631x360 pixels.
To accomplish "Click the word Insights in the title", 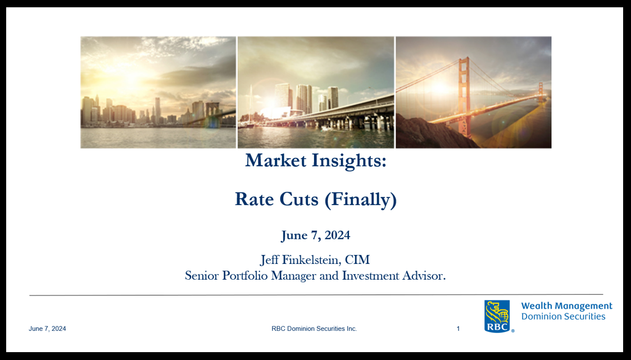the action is pyautogui.click(x=349, y=161).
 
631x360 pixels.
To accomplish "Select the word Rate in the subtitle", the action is pyautogui.click(x=252, y=199).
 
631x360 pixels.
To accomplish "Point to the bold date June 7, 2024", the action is pyautogui.click(x=316, y=235).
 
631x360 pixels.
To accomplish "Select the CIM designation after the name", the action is pyautogui.click(x=357, y=260).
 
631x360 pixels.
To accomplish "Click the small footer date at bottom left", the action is pyautogui.click(x=47, y=329).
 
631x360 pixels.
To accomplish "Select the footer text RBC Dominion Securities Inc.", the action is pyautogui.click(x=314, y=329).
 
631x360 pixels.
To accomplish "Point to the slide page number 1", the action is pyautogui.click(x=458, y=329).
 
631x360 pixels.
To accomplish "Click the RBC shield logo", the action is pyautogui.click(x=497, y=316).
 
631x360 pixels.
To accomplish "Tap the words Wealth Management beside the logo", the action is pyautogui.click(x=566, y=306).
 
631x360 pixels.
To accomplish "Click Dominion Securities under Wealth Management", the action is pyautogui.click(x=563, y=317).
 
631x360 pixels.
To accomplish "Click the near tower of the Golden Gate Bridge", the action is pyautogui.click(x=465, y=97).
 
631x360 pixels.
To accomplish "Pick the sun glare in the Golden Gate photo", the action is pyautogui.click(x=439, y=87).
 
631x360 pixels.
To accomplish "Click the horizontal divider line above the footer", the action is pyautogui.click(x=316, y=295).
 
